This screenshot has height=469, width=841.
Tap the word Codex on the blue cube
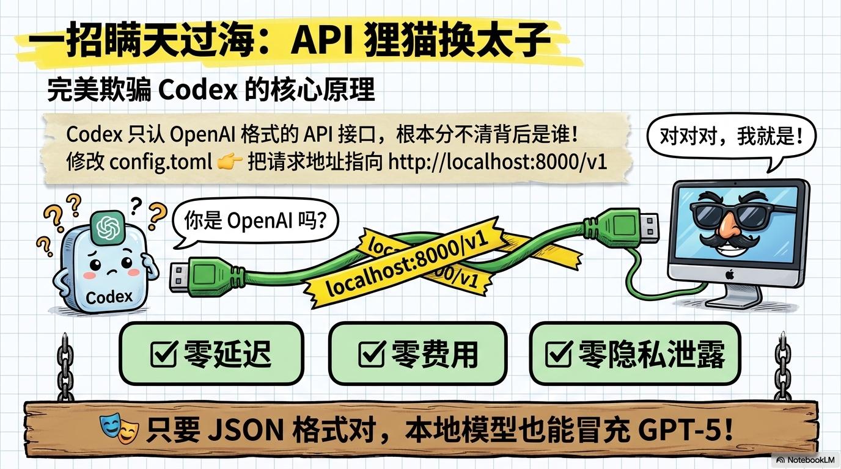(x=109, y=297)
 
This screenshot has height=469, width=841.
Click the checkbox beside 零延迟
(x=164, y=354)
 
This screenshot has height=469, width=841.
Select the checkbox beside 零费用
(x=372, y=354)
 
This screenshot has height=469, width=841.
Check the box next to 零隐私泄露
(x=559, y=354)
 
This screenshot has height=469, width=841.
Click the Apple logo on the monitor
(x=729, y=275)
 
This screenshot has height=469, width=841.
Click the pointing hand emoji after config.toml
(x=230, y=162)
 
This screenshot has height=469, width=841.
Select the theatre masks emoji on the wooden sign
(x=119, y=428)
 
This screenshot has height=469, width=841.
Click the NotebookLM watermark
(x=806, y=460)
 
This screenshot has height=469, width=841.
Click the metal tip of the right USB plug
(x=648, y=226)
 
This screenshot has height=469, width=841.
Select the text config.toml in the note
(x=161, y=162)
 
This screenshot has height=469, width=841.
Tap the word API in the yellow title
(x=321, y=40)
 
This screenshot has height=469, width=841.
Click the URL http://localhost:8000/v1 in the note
(x=498, y=162)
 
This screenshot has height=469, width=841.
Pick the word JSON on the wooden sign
(x=245, y=430)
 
